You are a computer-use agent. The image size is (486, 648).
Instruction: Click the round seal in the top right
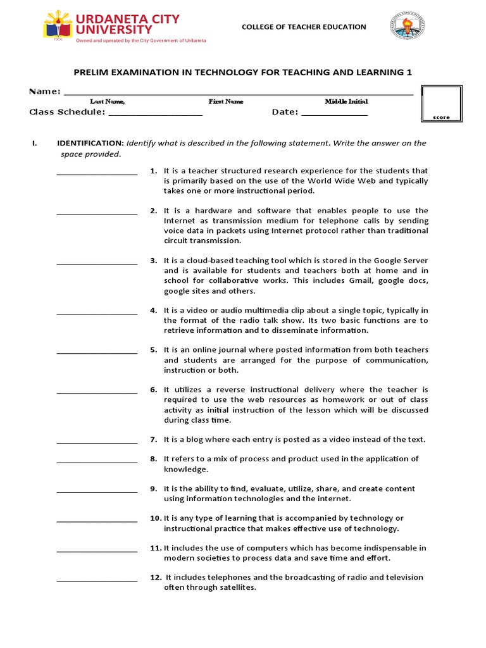click(x=408, y=27)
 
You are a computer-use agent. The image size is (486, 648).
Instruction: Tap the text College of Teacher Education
click(x=304, y=27)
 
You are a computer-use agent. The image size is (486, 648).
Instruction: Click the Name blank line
click(x=238, y=94)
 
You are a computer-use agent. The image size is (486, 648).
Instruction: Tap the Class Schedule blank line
click(x=155, y=115)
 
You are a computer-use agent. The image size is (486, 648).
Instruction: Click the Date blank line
click(x=334, y=115)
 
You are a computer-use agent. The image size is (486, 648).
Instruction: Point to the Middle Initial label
click(x=346, y=101)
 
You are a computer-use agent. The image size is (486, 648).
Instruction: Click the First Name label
click(x=226, y=101)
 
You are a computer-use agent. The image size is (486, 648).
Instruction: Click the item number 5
click(x=153, y=350)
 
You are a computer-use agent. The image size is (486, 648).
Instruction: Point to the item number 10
click(x=155, y=518)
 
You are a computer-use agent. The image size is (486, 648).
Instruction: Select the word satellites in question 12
click(x=235, y=587)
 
